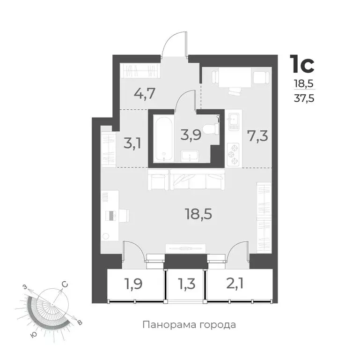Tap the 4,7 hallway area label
145,93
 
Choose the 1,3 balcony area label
187,284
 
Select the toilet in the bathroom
213,127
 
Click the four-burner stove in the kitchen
233,154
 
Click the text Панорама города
189,324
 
